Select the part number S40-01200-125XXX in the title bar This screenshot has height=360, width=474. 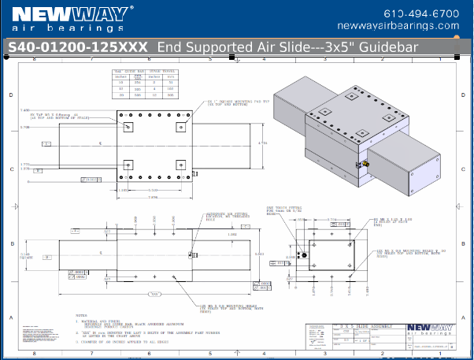coord(77,47)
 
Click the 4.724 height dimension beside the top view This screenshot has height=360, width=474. coord(265,143)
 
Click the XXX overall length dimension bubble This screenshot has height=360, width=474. coord(154,294)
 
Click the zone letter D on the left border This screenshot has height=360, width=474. coord(10,95)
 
